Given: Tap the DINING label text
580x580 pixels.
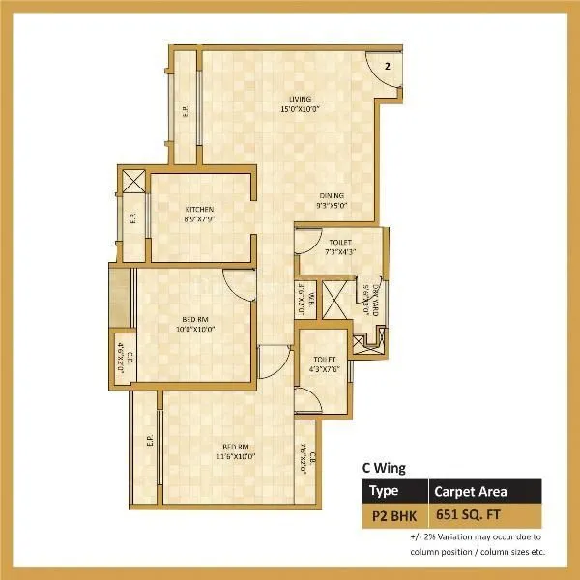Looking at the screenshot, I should pos(332,195).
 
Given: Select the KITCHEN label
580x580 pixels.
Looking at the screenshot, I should pos(200,209).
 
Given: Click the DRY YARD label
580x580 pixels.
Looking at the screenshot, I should pos(364,299).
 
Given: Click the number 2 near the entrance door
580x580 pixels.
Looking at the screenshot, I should pos(386,66).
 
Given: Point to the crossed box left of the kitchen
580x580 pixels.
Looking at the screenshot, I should pos(134,180).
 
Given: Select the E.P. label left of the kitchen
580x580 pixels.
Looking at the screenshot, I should pos(133,220).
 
